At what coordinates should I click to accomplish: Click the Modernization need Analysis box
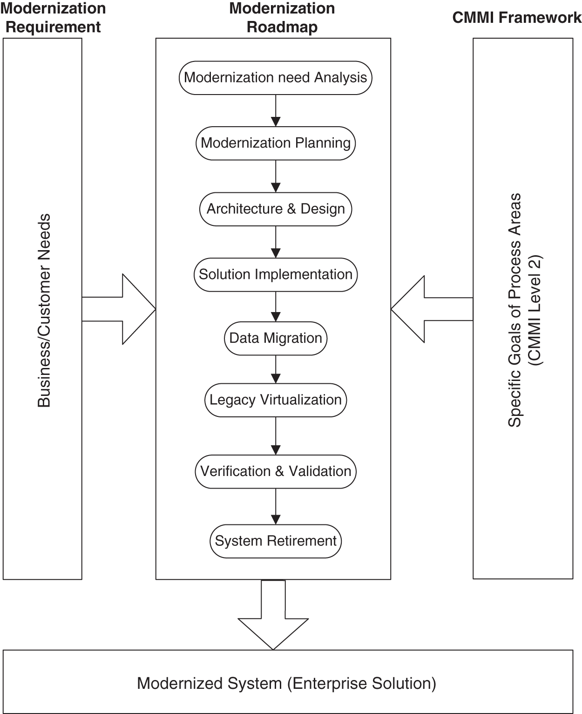[276, 77]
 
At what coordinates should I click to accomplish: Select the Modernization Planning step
[276, 143]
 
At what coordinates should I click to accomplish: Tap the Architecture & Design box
[276, 209]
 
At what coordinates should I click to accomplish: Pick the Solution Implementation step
[276, 274]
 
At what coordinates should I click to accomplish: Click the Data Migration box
[276, 338]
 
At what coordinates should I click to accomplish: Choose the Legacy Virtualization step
[276, 400]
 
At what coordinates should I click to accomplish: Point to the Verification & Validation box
[276, 471]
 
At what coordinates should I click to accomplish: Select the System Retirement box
[276, 541]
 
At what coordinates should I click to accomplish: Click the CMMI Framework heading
[517, 18]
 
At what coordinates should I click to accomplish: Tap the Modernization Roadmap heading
[282, 18]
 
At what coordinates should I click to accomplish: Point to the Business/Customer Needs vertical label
[44, 311]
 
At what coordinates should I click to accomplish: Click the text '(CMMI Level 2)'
[535, 311]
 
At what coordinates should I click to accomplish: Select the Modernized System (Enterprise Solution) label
[287, 684]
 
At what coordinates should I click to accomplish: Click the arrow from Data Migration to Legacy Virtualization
[276, 369]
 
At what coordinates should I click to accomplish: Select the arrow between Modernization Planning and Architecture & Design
[276, 176]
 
